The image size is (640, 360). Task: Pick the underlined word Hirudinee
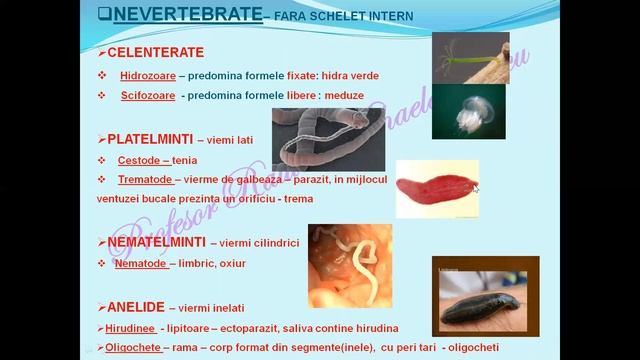(131, 328)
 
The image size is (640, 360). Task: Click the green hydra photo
(470, 57)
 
